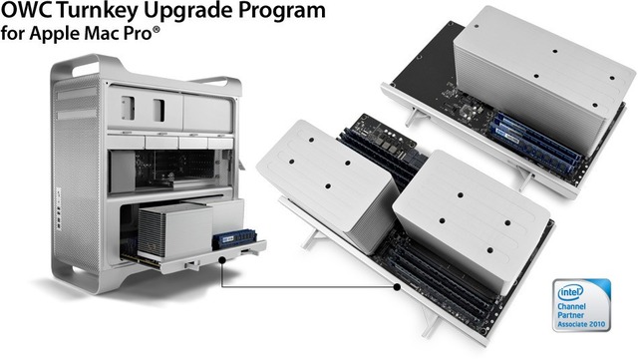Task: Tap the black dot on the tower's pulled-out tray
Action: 220,261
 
